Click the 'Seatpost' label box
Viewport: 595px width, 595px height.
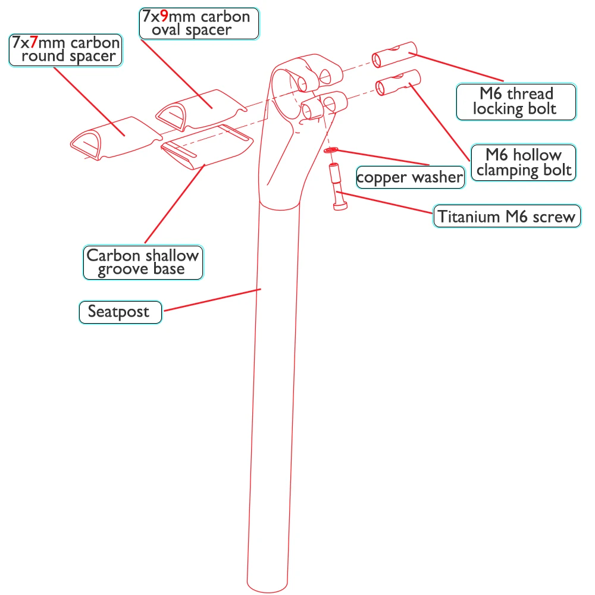(x=120, y=312)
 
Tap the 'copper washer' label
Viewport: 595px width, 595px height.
(x=410, y=177)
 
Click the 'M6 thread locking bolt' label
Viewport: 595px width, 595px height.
(x=515, y=102)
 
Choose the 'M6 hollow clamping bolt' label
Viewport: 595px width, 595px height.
(x=524, y=162)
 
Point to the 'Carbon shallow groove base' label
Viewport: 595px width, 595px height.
(x=142, y=262)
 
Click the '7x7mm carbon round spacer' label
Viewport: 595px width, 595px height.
(x=65, y=50)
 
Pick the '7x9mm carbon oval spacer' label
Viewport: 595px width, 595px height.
(x=199, y=23)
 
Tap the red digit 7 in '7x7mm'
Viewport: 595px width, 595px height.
(x=35, y=43)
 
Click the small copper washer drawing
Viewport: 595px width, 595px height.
(x=331, y=151)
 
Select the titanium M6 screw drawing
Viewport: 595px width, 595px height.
(x=336, y=187)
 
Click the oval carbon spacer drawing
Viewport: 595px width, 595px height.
(x=199, y=107)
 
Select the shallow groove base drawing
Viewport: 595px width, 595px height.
(x=205, y=149)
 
